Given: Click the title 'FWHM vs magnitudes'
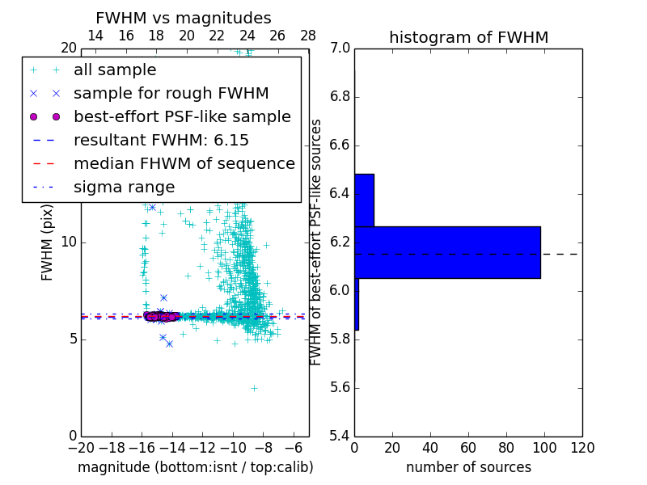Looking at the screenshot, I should point(184,18).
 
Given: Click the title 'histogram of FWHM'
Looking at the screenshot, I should point(468,37).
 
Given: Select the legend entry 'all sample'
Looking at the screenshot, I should point(115,70).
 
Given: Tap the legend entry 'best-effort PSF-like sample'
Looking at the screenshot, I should point(182,116).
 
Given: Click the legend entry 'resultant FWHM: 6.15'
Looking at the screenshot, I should point(161,140).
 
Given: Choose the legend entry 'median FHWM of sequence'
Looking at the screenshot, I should point(184,163).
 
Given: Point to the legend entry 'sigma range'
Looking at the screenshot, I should point(124,187).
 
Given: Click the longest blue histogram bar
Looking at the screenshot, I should point(447,252).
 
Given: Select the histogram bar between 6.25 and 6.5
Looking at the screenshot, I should point(364,200).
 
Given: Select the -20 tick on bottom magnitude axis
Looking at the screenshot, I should point(81,448).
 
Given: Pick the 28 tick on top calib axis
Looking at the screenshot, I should point(308,36).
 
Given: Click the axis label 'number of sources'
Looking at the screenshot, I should point(468,467).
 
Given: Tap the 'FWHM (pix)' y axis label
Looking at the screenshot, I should point(48,242).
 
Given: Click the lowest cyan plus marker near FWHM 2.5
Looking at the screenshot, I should point(253,388).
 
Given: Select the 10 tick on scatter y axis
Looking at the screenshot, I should point(69,242).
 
